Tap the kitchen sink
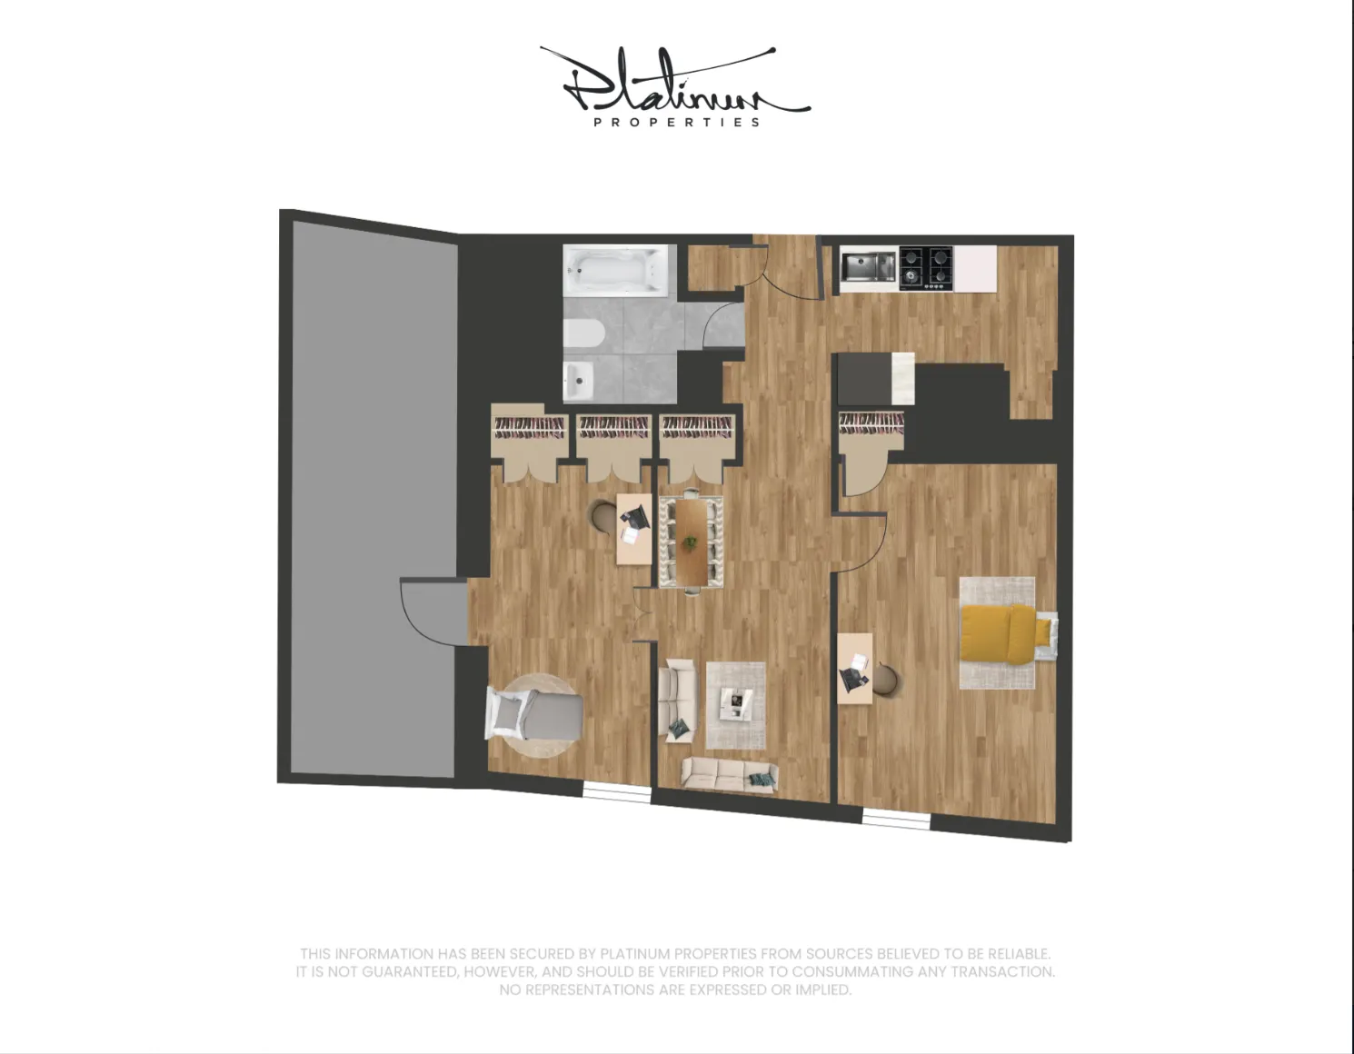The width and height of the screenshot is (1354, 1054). (x=868, y=267)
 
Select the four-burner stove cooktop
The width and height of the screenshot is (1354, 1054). (x=926, y=268)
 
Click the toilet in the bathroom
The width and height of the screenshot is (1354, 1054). (x=583, y=333)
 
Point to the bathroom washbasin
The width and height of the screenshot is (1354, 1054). (x=578, y=379)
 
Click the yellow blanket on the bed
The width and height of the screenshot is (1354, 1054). (x=997, y=633)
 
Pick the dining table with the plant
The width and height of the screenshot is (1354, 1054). (x=692, y=542)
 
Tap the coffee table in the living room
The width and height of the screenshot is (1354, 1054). (x=736, y=702)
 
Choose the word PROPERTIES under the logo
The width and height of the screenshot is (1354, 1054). (x=677, y=122)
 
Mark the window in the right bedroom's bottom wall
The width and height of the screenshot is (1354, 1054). (x=896, y=820)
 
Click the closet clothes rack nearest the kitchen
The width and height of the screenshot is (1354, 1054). (x=871, y=423)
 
